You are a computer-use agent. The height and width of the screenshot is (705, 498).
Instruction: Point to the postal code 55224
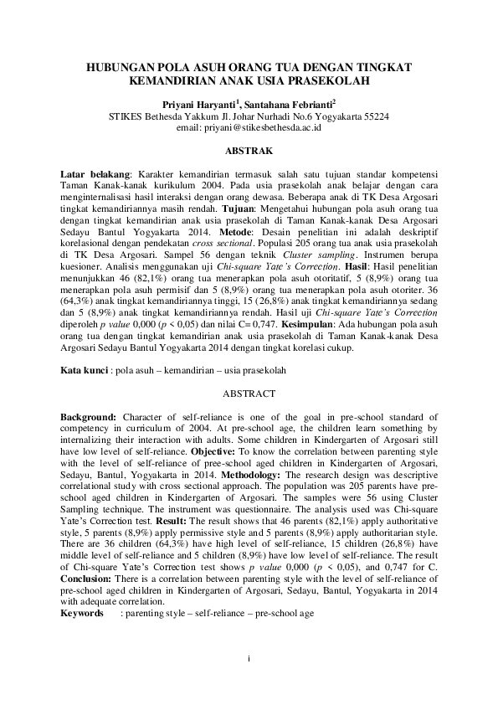[370, 116]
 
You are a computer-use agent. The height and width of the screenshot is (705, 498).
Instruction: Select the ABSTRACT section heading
[249, 393]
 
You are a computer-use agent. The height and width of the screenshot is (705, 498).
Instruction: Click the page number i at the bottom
[249, 657]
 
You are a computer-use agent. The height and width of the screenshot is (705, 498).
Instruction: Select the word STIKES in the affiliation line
[127, 116]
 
